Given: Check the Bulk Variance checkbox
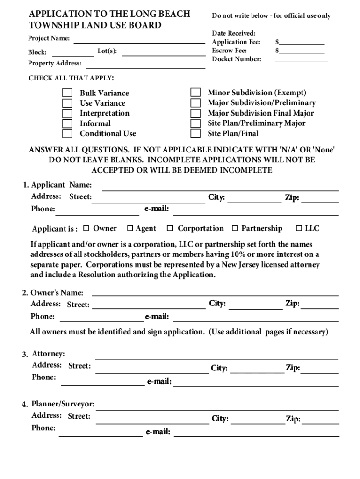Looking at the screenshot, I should click(68, 93).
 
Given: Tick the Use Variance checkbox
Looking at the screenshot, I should click(68, 103).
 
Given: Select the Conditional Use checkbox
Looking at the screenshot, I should click(68, 133).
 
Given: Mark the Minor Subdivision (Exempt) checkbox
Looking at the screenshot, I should click(196, 93).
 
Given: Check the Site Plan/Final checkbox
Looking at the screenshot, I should click(196, 133).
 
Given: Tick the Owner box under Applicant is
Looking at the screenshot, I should click(86, 228).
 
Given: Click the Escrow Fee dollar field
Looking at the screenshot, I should click(302, 51).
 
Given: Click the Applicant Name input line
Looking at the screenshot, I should click(220, 189).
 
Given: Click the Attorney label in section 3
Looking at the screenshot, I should click(48, 354).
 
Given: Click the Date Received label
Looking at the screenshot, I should click(234, 33).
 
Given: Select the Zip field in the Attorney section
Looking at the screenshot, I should click(320, 371).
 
